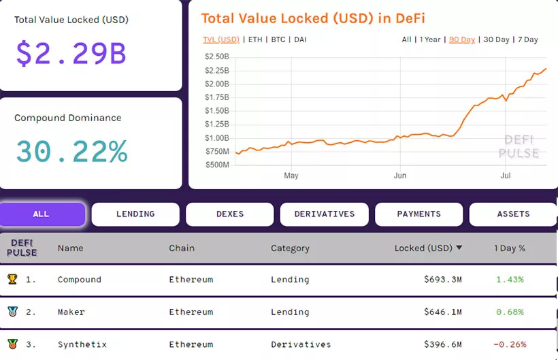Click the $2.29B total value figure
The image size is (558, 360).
coord(71,54)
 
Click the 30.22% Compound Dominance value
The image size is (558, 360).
coord(71,152)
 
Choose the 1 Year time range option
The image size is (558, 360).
coord(430,39)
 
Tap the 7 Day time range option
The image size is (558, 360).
coord(527,39)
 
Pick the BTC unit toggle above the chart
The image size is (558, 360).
coord(278,39)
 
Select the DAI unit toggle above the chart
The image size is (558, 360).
coord(300,39)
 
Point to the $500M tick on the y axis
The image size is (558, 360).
coord(217,165)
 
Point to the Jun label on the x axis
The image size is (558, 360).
coord(400,176)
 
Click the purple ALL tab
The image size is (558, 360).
coord(42,214)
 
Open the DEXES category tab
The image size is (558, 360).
coord(230,214)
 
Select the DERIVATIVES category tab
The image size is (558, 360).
coord(325,214)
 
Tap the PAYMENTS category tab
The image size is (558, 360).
coord(419,214)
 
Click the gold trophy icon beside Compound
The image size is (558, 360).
coord(12,279)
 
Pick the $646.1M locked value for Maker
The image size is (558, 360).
coord(442,312)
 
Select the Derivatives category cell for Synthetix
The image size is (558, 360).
coord(301,344)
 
